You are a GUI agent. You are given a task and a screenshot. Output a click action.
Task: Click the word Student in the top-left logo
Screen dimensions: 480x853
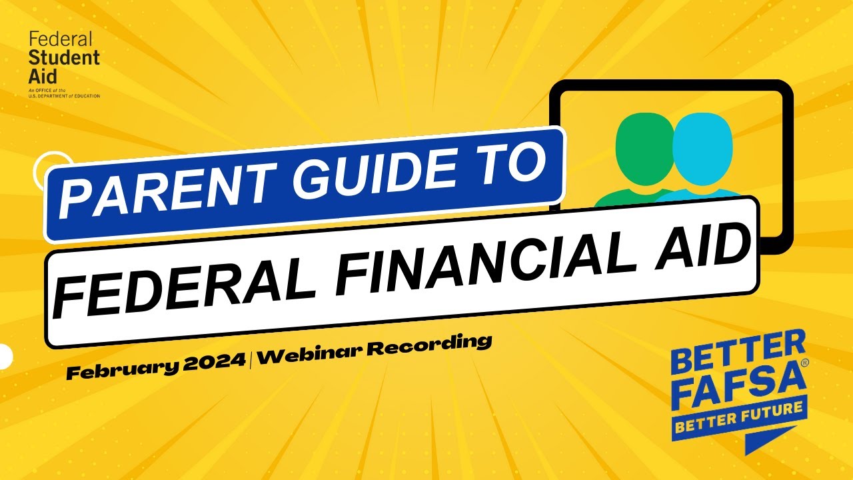pyautogui.click(x=64, y=58)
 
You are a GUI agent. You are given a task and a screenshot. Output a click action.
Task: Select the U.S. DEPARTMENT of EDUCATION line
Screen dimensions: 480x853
pyautogui.click(x=64, y=96)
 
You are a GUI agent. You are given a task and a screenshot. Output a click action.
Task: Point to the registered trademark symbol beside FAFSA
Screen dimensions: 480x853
pyautogui.click(x=804, y=363)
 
